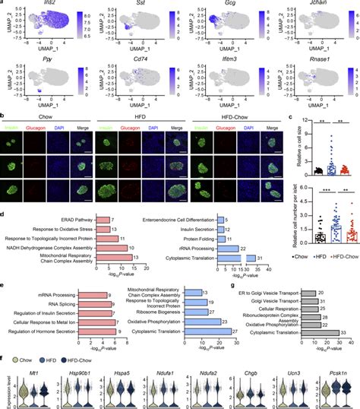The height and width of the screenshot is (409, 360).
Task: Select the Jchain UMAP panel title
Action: (310, 5)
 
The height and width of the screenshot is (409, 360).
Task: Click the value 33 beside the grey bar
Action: (343, 331)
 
